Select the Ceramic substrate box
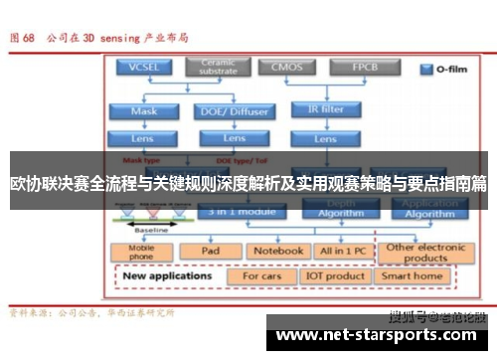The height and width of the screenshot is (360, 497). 219,68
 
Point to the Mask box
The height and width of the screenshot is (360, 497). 144,111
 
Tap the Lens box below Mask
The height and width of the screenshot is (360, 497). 144,138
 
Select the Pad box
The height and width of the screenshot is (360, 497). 210,251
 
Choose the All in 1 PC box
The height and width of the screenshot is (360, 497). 343,251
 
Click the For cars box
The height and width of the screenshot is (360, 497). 262,275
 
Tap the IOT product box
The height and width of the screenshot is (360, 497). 336,275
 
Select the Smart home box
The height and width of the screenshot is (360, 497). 412,275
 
